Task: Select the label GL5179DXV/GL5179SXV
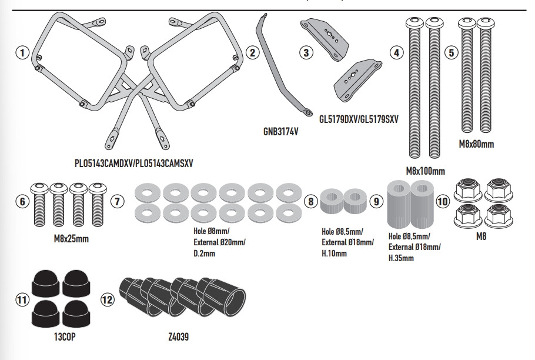tap(359, 118)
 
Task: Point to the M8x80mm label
tap(476, 144)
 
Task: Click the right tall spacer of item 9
tap(422, 205)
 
